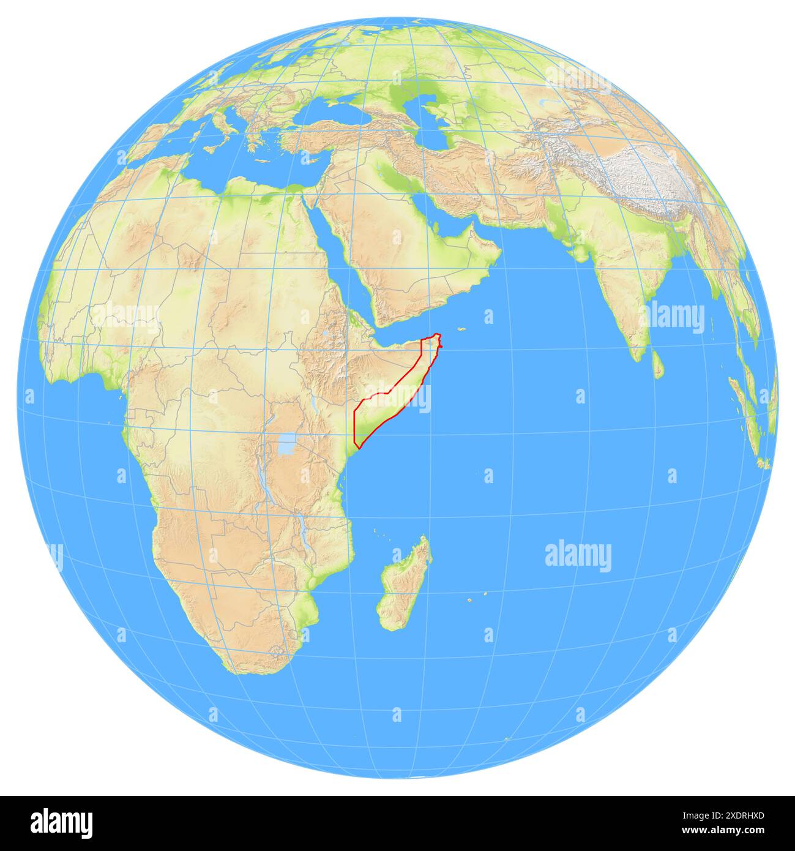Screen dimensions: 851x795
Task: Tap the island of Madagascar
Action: click(x=404, y=582)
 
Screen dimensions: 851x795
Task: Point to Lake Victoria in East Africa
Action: click(x=286, y=445)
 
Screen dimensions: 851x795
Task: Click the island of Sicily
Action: click(x=211, y=148)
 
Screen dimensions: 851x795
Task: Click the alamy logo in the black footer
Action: click(x=61, y=823)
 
